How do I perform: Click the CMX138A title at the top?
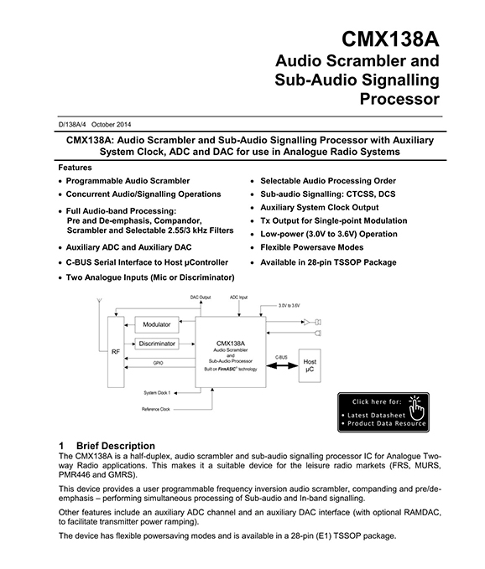(x=390, y=39)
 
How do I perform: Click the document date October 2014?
(x=111, y=125)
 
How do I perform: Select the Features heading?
(x=75, y=168)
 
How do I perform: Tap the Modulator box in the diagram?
(x=157, y=324)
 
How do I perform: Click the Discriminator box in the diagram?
(x=157, y=344)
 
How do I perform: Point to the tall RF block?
(x=116, y=352)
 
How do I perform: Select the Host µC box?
(x=310, y=365)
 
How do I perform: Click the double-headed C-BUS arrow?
(x=282, y=365)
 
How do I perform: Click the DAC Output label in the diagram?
(x=201, y=297)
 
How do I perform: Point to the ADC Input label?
(x=238, y=297)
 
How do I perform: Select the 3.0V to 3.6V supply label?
(x=289, y=306)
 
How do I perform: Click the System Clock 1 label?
(x=157, y=393)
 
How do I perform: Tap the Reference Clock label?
(x=156, y=409)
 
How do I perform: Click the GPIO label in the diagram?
(x=158, y=363)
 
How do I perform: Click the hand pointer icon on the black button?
(x=416, y=408)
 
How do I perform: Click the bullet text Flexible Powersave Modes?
(x=311, y=247)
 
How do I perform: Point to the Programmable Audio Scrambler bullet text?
(x=128, y=181)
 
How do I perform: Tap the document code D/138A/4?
(x=72, y=125)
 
